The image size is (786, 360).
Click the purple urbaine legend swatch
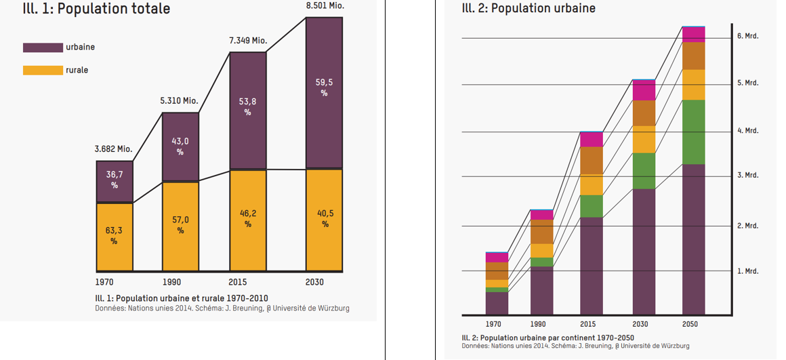[43, 47]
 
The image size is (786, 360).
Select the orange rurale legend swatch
[43, 70]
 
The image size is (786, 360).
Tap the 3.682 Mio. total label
[113, 149]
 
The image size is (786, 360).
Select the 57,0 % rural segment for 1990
[180, 225]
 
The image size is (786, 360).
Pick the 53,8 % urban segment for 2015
[247, 109]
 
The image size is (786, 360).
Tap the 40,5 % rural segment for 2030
[324, 218]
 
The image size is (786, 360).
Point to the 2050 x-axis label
[690, 324]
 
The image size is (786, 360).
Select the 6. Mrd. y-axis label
[747, 35]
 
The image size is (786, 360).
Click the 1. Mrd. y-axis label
[747, 271]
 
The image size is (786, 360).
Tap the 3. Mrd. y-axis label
[747, 175]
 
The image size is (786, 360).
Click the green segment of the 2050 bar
[693, 132]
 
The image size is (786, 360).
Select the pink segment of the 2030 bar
[644, 91]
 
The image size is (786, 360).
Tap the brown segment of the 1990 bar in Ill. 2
[541, 232]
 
